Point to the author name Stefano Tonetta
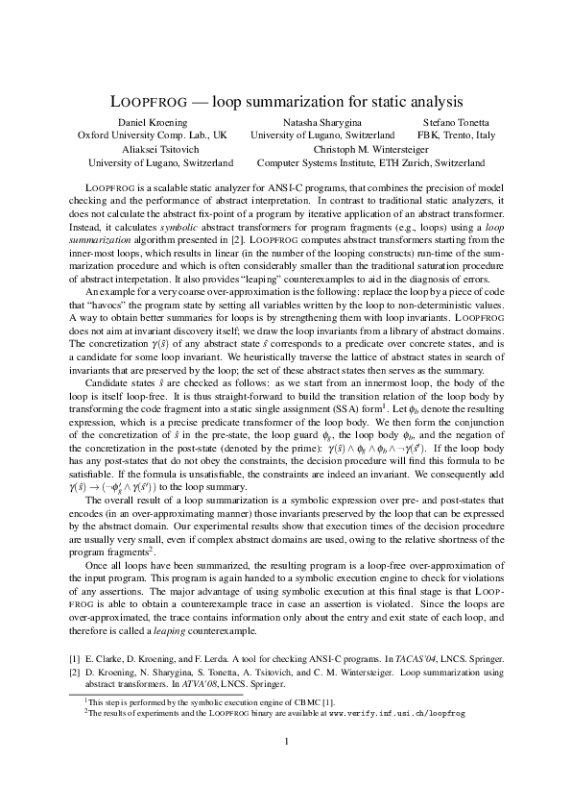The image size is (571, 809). click(x=457, y=122)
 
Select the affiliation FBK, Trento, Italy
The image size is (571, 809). click(x=457, y=135)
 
